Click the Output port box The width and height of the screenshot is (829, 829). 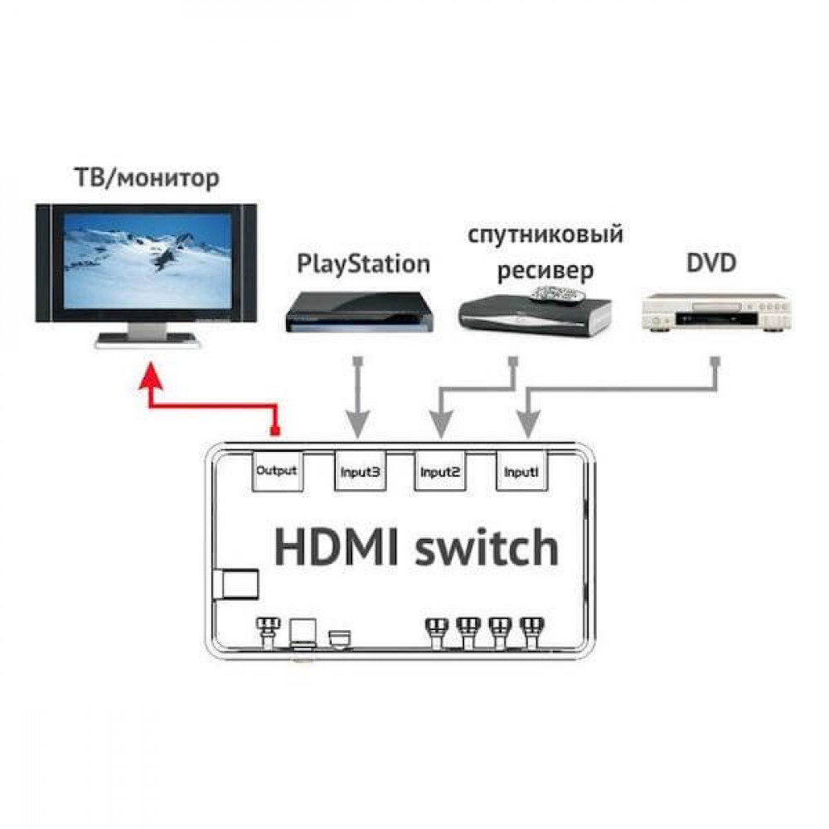277,471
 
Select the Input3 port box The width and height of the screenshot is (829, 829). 360,471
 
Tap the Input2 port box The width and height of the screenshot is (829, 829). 440,471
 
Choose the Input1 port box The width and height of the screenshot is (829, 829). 521,471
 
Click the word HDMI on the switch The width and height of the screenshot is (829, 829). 337,548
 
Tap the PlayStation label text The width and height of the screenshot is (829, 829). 364,264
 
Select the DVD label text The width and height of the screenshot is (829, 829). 711,263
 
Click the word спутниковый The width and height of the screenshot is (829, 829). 545,235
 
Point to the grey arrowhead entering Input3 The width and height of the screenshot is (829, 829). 358,424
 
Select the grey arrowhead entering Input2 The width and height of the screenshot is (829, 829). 441,424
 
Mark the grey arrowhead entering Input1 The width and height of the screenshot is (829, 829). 527,424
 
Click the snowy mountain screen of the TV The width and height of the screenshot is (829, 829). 147,260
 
